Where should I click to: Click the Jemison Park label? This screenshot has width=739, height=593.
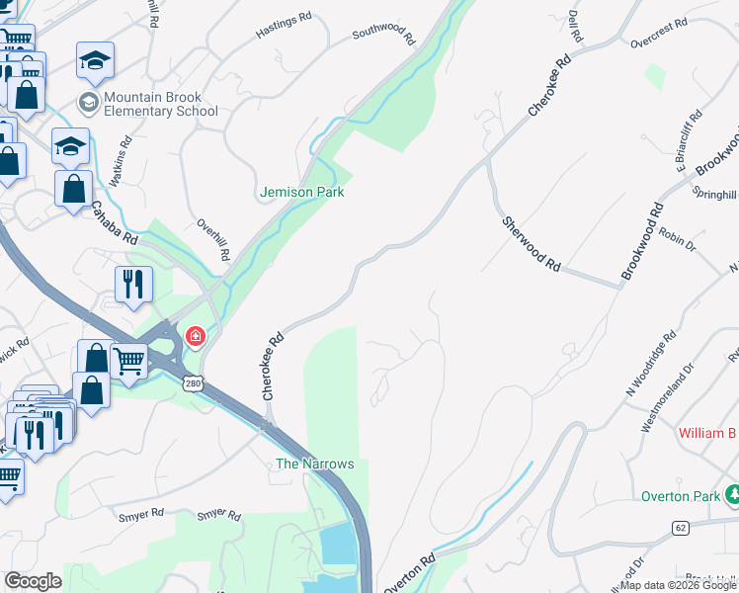[302, 192]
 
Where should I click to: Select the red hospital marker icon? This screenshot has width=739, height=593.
[196, 337]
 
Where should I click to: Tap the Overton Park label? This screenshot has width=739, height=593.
[681, 496]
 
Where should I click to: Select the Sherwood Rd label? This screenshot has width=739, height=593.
[532, 245]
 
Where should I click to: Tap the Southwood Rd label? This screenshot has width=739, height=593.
[384, 36]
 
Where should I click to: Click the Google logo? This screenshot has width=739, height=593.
[34, 581]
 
